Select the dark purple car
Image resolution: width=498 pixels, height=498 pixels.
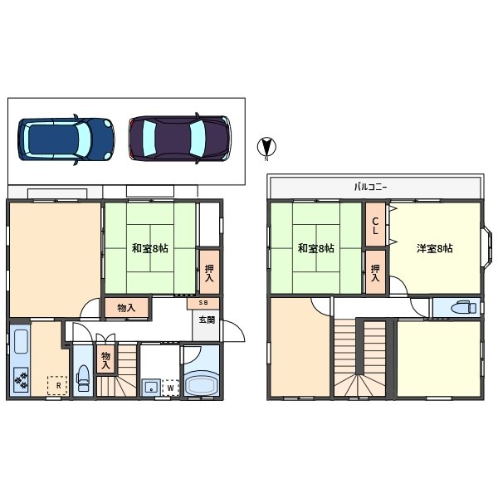tap(180, 137)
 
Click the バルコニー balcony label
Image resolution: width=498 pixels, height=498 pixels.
tap(375, 188)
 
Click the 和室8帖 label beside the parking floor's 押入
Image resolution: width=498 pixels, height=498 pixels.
tap(149, 248)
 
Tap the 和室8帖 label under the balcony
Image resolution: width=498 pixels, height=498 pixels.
tap(316, 248)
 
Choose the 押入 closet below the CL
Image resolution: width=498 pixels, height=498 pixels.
tap(376, 273)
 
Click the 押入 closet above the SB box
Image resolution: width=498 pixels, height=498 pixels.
tap(209, 272)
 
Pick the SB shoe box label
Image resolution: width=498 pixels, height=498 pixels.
tap(203, 303)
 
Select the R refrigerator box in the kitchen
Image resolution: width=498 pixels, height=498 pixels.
tap(57, 385)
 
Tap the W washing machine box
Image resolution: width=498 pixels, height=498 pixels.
tap(170, 387)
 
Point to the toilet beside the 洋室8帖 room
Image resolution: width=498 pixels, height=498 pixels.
tap(457, 308)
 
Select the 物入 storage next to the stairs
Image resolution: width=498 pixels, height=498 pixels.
tap(105, 360)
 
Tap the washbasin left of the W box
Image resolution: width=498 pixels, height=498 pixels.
tap(150, 387)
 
